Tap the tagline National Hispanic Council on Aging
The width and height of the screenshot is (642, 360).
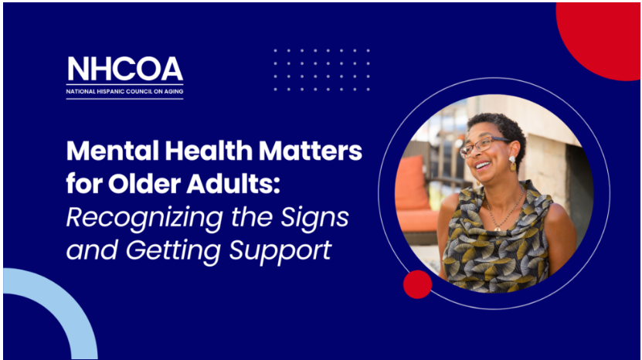(x=125, y=91)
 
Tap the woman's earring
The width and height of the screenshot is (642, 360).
(x=512, y=163)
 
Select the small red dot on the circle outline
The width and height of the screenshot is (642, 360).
(x=417, y=284)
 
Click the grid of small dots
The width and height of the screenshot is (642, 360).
(x=321, y=70)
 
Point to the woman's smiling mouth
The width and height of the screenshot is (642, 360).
(x=483, y=165)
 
